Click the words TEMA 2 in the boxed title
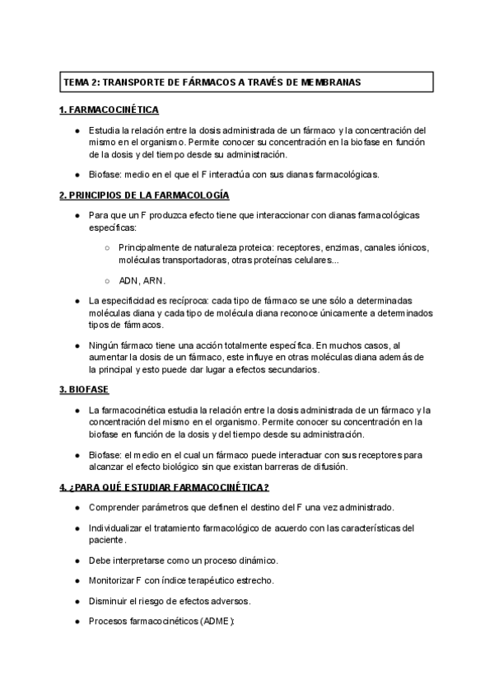[x=80, y=82]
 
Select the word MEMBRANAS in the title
[x=330, y=82]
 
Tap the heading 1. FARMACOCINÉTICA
[x=109, y=110]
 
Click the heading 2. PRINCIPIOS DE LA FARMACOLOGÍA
[x=144, y=195]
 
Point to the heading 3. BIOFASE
[x=85, y=389]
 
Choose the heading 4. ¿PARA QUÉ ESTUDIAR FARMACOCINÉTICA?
[x=165, y=486]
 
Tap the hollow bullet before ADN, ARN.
[x=108, y=280]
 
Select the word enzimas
[x=352, y=247]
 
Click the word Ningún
[x=105, y=345]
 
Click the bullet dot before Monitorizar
[x=77, y=580]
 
